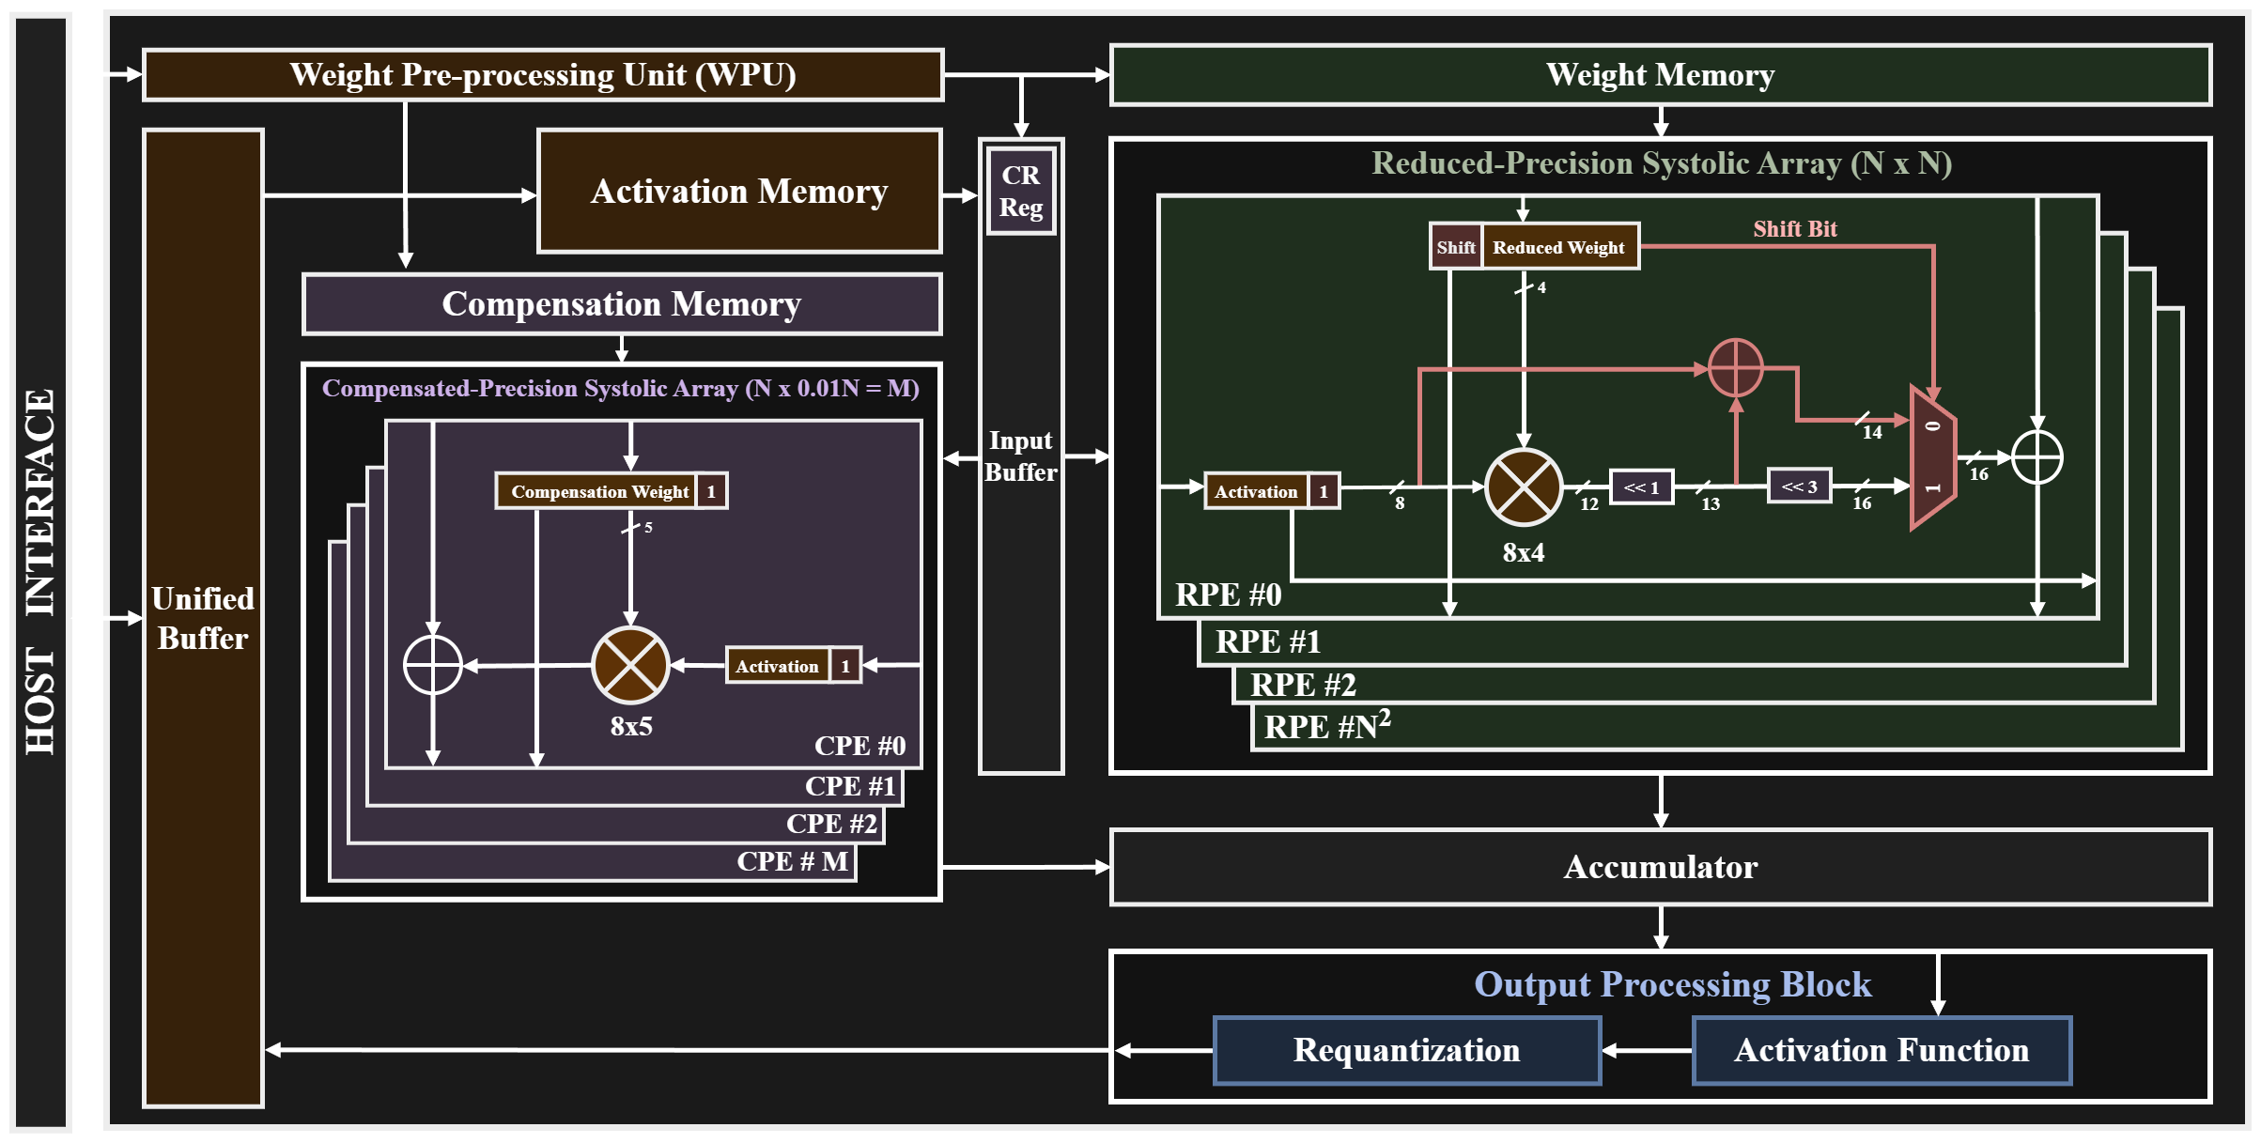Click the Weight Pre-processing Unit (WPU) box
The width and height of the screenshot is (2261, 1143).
(542, 74)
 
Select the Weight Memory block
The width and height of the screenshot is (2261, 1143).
(1660, 74)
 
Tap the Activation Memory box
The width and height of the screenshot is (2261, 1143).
(739, 192)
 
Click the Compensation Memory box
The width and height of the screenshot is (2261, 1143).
(621, 304)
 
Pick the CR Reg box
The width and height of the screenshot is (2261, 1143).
(1020, 192)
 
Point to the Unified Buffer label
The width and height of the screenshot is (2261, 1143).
(203, 618)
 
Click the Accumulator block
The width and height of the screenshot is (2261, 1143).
(1660, 867)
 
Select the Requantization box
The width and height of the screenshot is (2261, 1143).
(1406, 1050)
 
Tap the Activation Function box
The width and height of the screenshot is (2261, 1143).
(1882, 1050)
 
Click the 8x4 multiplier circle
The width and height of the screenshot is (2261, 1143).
(1523, 487)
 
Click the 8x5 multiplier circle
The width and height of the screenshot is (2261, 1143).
(630, 665)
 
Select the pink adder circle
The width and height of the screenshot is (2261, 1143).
(1735, 367)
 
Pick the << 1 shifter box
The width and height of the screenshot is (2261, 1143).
(1641, 487)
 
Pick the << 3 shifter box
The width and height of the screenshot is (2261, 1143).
(1799, 487)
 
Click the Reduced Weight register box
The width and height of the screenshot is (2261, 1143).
(1559, 247)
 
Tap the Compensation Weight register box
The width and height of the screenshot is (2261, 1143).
(599, 491)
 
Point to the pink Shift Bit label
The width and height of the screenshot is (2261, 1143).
(1794, 228)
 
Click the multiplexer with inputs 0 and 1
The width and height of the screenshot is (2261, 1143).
(1932, 457)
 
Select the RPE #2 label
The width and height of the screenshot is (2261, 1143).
(1303, 686)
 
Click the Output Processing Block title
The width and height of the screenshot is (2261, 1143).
(1672, 984)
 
